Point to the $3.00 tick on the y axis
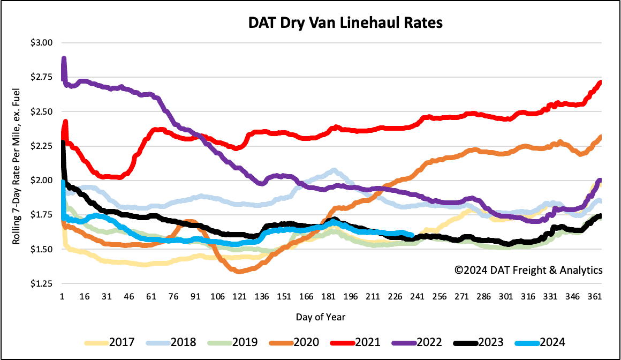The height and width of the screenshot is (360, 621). coord(46,43)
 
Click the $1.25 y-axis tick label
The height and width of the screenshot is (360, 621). coord(46,284)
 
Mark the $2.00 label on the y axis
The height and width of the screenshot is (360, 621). coord(46,181)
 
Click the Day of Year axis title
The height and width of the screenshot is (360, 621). coord(321,317)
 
